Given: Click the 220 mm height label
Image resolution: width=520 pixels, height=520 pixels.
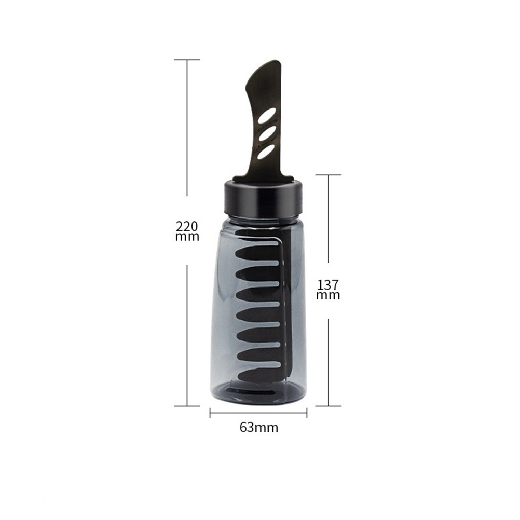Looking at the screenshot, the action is click(187, 231).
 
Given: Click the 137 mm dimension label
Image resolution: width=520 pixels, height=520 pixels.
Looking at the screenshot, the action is click(329, 290).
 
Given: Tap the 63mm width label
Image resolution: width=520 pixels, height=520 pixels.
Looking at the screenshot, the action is click(258, 427).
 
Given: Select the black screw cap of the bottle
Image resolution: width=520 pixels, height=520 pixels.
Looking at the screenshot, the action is click(263, 198).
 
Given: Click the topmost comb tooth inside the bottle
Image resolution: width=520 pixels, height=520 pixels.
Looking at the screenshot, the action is click(257, 253).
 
